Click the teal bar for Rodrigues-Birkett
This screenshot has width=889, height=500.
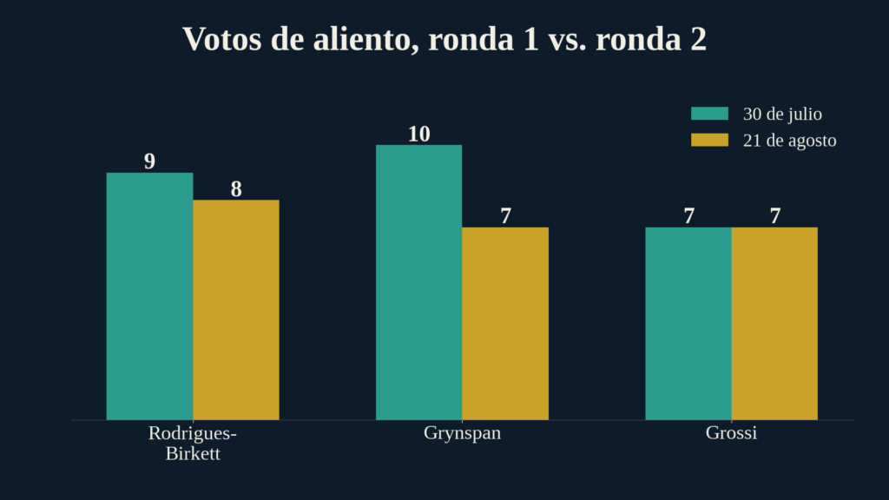[149, 297]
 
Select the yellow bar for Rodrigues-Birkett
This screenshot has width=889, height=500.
[236, 310]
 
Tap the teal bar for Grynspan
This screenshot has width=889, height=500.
[419, 282]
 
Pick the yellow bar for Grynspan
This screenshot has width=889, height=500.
[505, 324]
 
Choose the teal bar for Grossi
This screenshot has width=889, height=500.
[688, 324]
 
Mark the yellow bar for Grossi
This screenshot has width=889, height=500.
[774, 324]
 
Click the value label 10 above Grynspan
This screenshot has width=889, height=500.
[419, 135]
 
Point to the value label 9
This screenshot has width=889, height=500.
[149, 161]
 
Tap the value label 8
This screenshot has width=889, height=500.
[236, 189]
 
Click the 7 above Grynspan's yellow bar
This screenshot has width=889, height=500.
[506, 216]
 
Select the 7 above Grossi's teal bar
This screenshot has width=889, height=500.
[688, 216]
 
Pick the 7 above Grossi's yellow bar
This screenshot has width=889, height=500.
[775, 216]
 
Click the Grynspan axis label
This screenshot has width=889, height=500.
[462, 433]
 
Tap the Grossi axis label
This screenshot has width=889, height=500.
[731, 433]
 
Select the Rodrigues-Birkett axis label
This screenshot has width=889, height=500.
[193, 444]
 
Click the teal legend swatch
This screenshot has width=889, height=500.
[710, 114]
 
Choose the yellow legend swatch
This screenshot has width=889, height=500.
[710, 140]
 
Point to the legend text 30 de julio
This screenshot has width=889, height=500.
[782, 114]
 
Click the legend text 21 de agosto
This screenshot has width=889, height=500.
[790, 141]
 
